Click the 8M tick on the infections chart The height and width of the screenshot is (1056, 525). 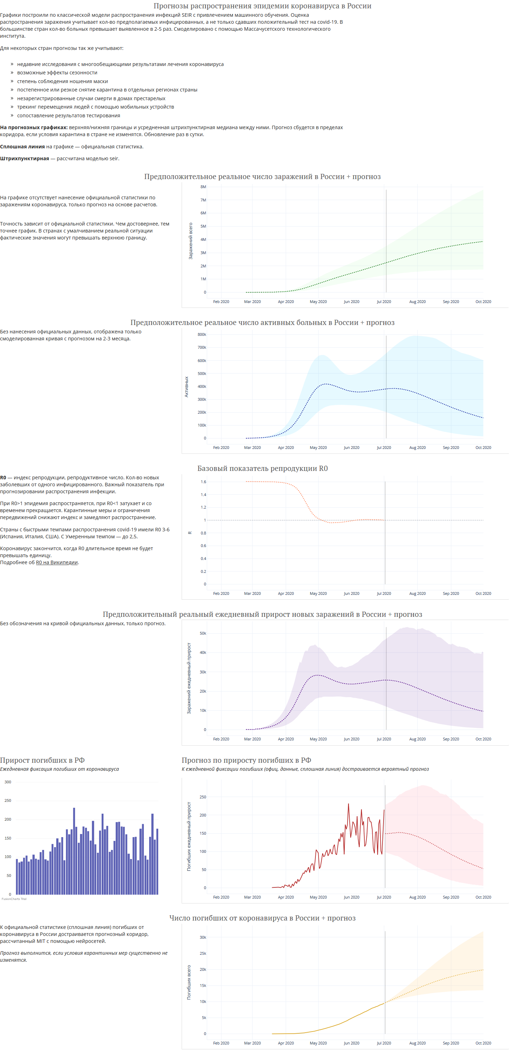pyautogui.click(x=203, y=186)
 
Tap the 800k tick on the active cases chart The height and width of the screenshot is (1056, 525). pyautogui.click(x=202, y=334)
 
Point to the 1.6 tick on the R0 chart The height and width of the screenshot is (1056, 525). pyautogui.click(x=203, y=482)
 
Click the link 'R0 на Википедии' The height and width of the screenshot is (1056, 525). pyautogui.click(x=57, y=562)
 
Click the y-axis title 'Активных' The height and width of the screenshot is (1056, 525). pyautogui.click(x=187, y=386)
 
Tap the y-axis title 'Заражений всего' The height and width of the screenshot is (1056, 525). pyautogui.click(x=190, y=241)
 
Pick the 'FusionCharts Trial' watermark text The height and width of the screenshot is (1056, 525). pyautogui.click(x=14, y=899)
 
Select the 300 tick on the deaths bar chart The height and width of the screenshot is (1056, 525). pyautogui.click(x=8, y=782)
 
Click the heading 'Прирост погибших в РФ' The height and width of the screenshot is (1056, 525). pyautogui.click(x=42, y=760)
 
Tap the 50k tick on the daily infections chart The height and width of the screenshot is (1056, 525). pyautogui.click(x=203, y=633)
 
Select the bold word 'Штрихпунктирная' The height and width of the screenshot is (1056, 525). pyautogui.click(x=24, y=158)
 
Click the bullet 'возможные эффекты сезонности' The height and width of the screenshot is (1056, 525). pyautogui.click(x=57, y=73)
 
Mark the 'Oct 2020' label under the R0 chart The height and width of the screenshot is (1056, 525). pyautogui.click(x=483, y=593)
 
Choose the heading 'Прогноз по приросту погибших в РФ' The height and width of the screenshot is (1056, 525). pyautogui.click(x=246, y=760)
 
